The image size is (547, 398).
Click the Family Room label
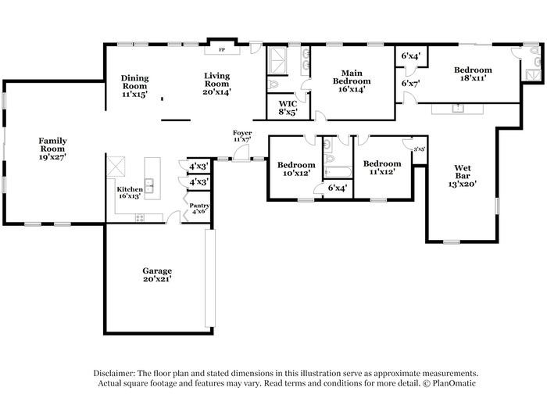(52, 145)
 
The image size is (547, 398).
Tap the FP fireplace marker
(222, 50)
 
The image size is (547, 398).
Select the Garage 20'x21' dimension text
(157, 279)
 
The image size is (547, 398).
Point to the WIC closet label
(288, 104)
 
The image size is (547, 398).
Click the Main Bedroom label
(352, 77)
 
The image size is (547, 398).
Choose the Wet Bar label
(463, 172)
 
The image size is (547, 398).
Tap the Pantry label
(199, 206)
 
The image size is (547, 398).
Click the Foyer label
(242, 133)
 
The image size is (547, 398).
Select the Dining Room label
(134, 82)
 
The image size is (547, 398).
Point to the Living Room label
(216, 80)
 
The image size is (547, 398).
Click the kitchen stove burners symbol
(140, 218)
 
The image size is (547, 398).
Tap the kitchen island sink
(150, 186)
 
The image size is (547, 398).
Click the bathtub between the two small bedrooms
(338, 173)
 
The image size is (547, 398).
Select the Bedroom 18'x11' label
(473, 70)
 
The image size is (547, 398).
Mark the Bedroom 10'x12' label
(296, 165)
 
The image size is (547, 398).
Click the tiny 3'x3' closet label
(420, 149)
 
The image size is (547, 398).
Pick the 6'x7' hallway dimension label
(410, 83)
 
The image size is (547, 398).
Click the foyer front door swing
(241, 153)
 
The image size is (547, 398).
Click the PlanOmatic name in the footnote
(454, 383)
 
